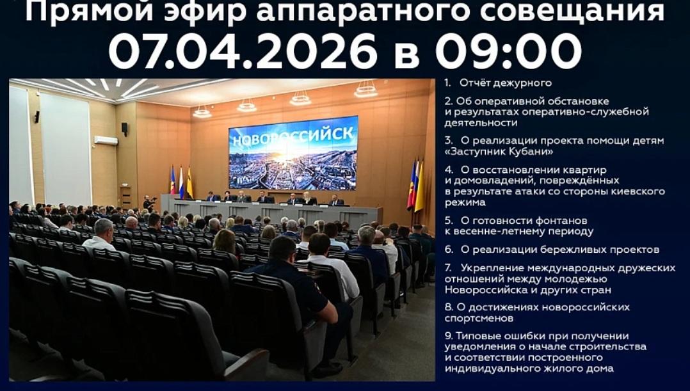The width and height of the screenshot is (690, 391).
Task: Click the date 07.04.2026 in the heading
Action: pyautogui.click(x=243, y=51)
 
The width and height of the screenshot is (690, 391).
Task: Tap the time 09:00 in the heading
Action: pyautogui.click(x=508, y=51)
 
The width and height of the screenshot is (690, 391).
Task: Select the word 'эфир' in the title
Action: pyautogui.click(x=205, y=12)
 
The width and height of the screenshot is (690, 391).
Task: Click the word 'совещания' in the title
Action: pyautogui.click(x=572, y=11)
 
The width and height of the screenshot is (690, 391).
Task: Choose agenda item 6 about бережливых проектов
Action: pyautogui.click(x=552, y=250)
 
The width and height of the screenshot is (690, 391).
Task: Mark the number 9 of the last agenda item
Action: pyautogui.click(x=448, y=336)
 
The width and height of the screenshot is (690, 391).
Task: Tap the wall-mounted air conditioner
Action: pyautogui.click(x=106, y=141)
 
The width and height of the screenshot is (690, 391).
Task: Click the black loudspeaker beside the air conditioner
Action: pyautogui.click(x=125, y=129)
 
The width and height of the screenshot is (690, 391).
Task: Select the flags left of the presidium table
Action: pyautogui.click(x=181, y=182)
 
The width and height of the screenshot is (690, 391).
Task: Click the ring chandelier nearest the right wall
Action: pyautogui.click(x=366, y=90)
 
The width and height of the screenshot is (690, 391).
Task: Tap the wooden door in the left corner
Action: pyautogui.click(x=125, y=198)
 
